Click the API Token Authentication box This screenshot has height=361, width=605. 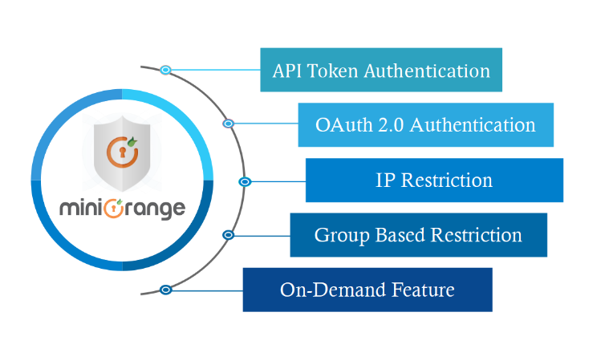(381, 70)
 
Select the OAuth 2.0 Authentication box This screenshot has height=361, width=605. (425, 124)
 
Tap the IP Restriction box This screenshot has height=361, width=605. (434, 180)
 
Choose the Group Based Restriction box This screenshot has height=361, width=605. (418, 235)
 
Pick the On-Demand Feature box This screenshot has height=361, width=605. (367, 290)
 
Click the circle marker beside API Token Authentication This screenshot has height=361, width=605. (165, 70)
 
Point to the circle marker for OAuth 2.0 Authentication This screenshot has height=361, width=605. (229, 124)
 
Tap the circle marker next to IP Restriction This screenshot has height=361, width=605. (246, 181)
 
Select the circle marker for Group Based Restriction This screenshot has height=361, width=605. (229, 235)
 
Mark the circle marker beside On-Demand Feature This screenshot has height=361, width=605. (165, 289)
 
